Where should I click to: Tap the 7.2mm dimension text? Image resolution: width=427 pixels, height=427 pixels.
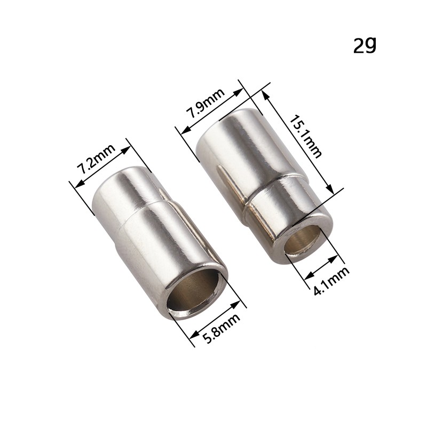96,159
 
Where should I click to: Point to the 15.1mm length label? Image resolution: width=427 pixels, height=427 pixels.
305,137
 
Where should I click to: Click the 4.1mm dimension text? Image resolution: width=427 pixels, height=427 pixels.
331,281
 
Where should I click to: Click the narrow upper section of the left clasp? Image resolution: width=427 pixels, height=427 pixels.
125,191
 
